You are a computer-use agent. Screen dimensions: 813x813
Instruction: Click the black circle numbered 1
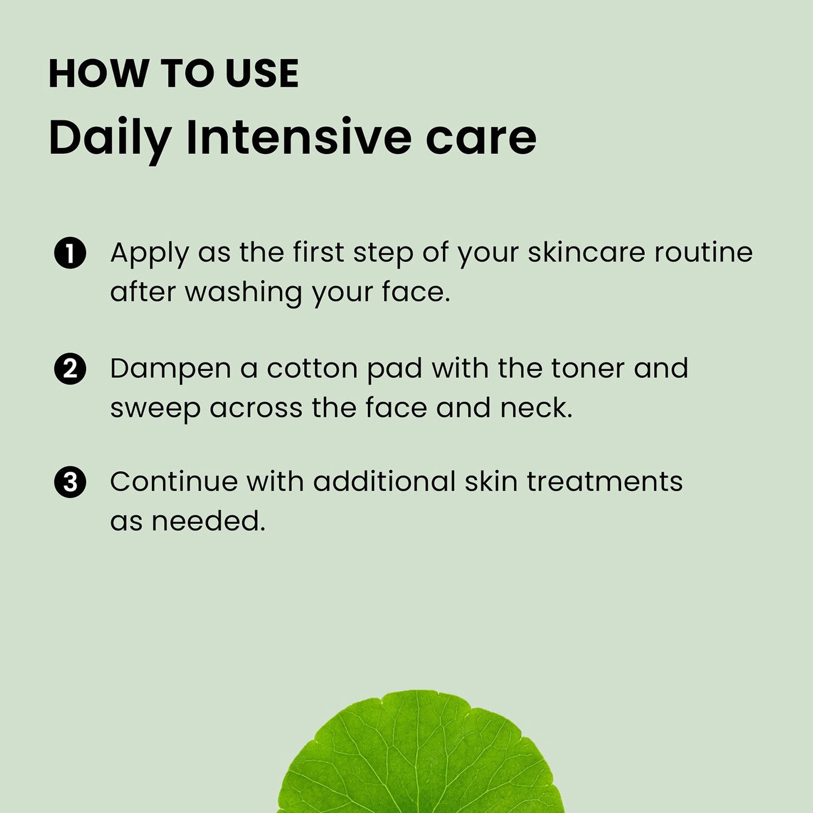coord(70,253)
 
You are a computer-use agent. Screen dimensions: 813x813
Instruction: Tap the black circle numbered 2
coord(70,369)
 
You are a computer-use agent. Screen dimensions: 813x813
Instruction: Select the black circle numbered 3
coord(70,482)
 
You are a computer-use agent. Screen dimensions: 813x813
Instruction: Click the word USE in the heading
coord(262,74)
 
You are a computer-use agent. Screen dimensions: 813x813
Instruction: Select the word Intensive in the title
coord(298,136)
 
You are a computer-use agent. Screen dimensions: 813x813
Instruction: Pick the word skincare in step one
coord(586,252)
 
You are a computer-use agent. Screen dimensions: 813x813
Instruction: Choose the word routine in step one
coord(704,252)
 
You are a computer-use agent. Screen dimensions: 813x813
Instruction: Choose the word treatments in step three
coord(605,482)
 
